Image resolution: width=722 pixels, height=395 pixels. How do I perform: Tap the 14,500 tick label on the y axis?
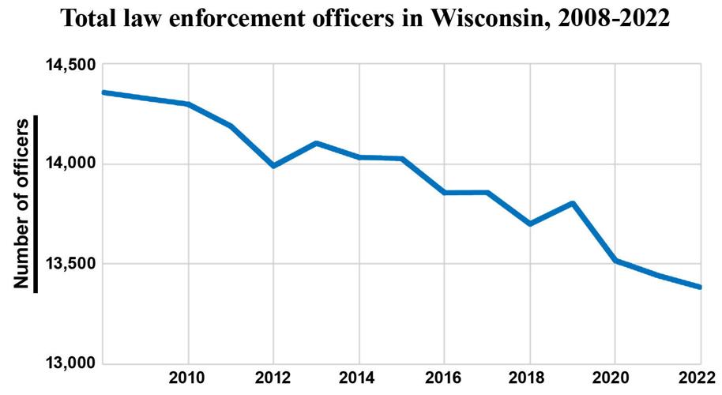tap(66, 65)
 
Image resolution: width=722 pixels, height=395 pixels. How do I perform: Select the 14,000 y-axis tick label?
tap(66, 164)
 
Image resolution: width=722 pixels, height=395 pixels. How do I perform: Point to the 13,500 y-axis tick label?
tap(66, 264)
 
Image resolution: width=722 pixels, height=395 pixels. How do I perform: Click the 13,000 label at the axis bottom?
tap(66, 363)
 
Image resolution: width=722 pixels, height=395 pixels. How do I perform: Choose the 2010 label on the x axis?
tap(187, 378)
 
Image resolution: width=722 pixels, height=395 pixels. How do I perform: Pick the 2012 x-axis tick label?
tap(273, 378)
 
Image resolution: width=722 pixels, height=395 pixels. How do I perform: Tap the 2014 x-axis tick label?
tap(359, 378)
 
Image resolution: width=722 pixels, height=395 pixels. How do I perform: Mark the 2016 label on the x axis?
tap(444, 378)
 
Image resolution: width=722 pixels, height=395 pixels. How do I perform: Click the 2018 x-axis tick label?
tap(529, 378)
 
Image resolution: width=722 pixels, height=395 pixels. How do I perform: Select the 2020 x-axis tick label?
tap(615, 378)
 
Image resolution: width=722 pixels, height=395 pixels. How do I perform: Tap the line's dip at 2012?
tap(273, 166)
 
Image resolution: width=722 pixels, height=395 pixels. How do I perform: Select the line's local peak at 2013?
tap(316, 143)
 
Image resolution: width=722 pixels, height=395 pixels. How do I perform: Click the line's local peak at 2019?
tap(572, 203)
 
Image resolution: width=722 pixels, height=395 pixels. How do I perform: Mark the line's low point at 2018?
tap(529, 224)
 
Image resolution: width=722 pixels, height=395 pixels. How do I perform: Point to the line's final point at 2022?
tap(700, 287)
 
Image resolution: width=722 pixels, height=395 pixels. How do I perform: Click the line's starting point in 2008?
tap(103, 92)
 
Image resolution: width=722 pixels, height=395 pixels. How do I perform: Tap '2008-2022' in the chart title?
tap(613, 19)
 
